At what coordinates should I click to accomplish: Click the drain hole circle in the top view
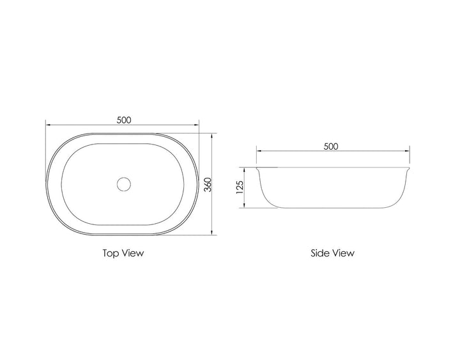123,184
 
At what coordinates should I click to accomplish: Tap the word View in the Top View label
133,253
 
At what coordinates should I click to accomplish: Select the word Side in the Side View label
320,253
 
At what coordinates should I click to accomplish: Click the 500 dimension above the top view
124,120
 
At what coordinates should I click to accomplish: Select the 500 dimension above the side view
331,146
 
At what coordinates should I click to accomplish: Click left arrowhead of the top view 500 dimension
48,125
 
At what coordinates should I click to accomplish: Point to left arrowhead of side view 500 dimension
259,152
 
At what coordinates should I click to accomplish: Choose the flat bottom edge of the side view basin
332,207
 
